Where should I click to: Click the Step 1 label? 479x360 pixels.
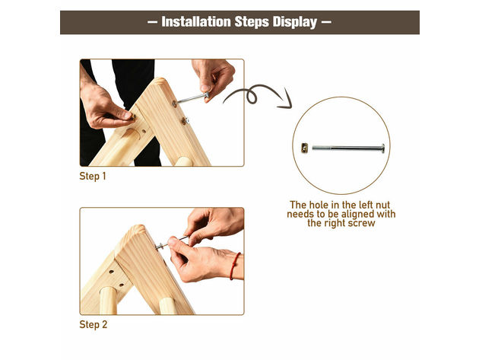(x=94, y=176)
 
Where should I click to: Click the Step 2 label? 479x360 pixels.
(x=94, y=324)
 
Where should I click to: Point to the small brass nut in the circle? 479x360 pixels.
(x=304, y=148)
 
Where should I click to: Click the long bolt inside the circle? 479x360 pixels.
(x=346, y=148)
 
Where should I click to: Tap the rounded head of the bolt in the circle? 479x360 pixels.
(x=382, y=148)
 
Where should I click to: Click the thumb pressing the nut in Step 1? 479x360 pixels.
(x=122, y=116)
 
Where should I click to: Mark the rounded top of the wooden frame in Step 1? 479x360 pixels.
(x=160, y=82)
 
